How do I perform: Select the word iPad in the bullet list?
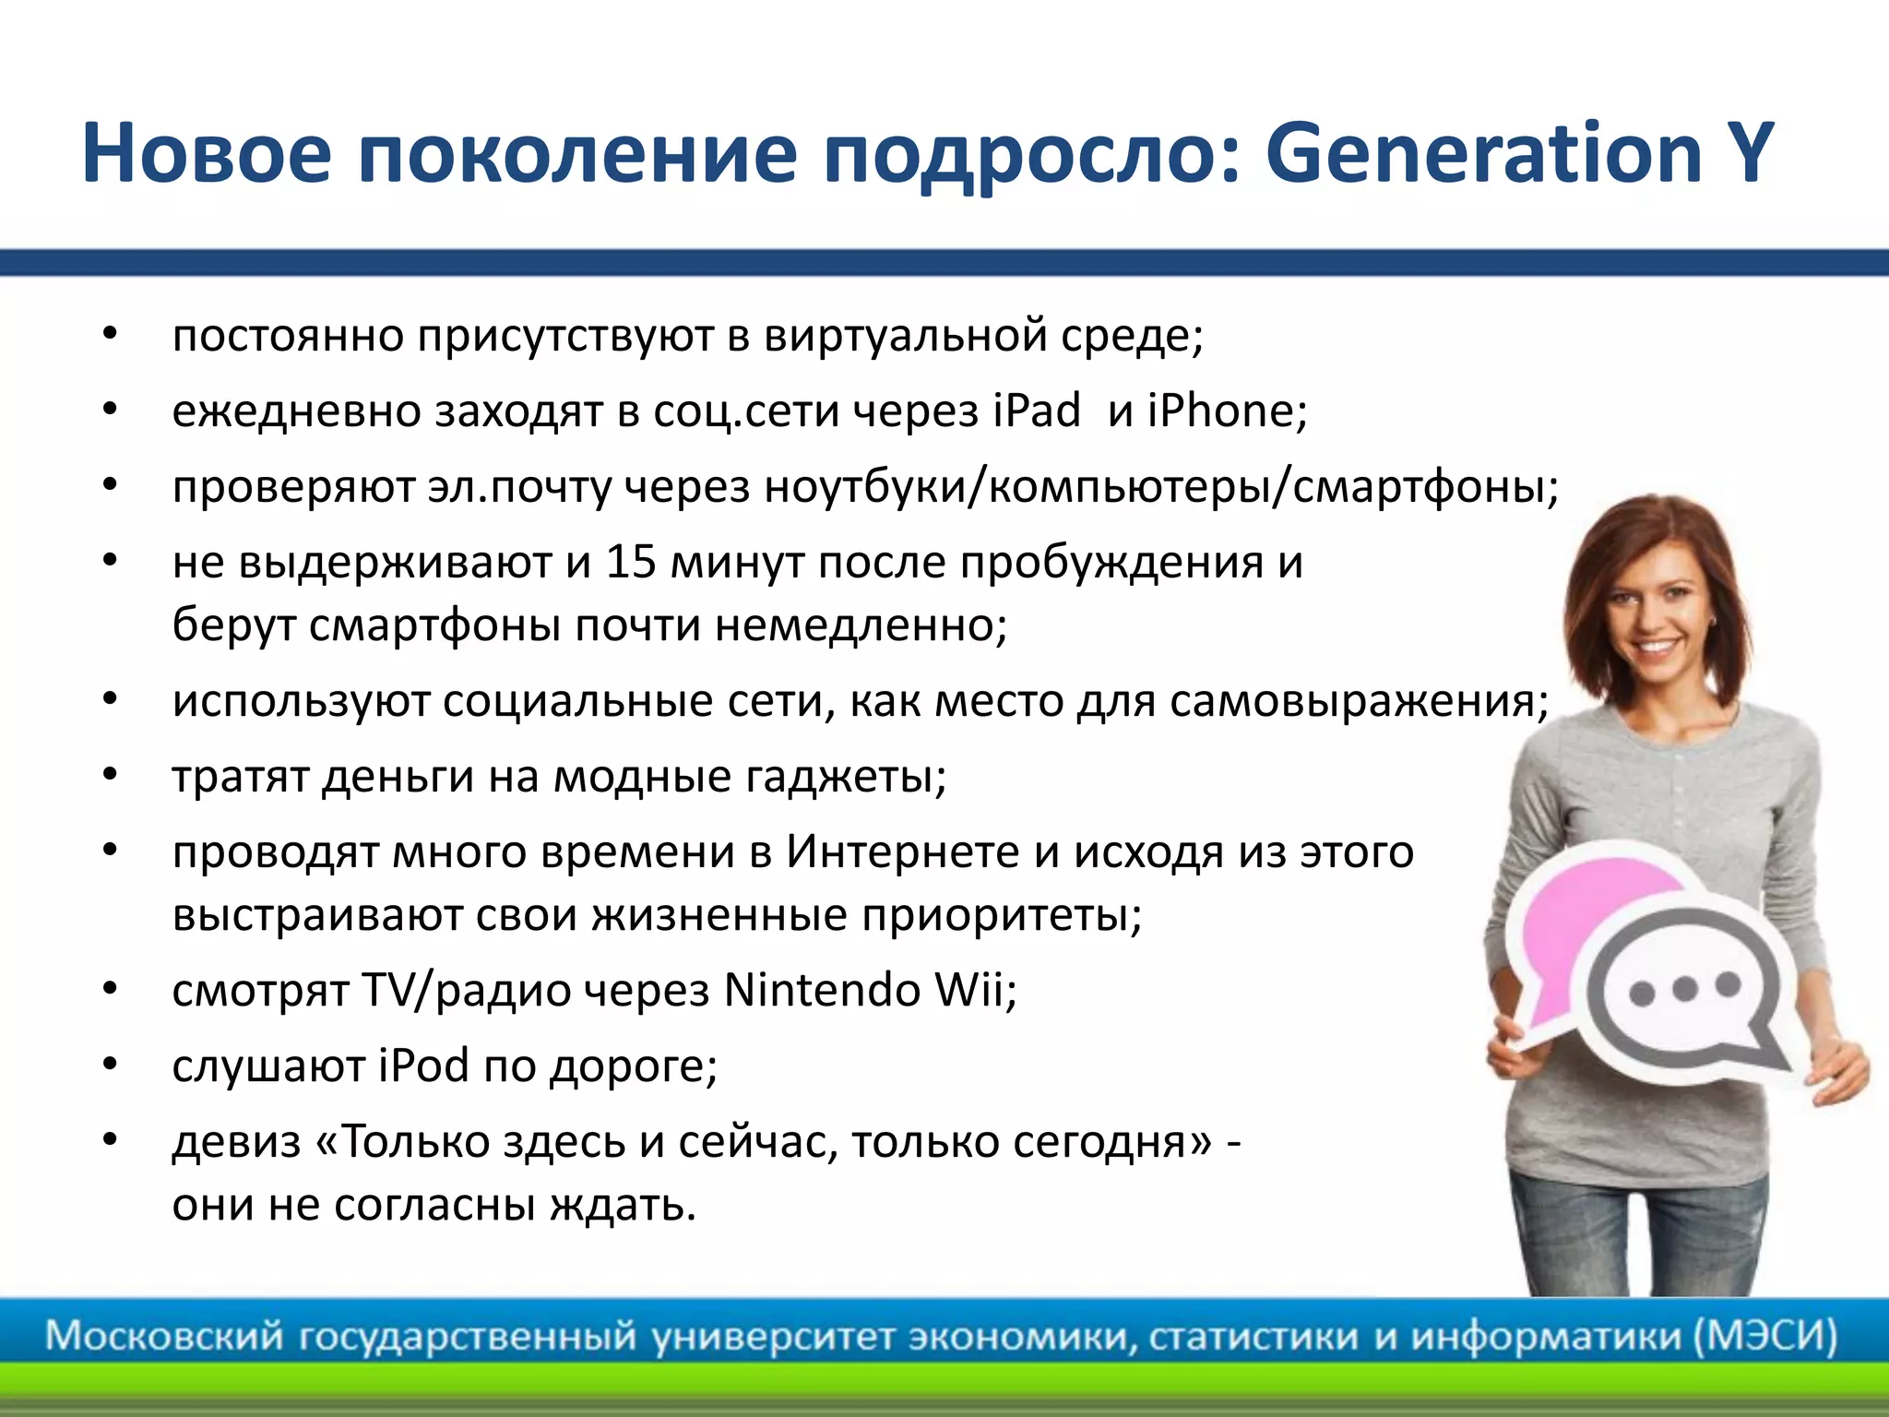(1037, 411)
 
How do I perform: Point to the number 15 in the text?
(630, 562)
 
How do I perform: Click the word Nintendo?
(821, 991)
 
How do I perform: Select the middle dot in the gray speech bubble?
(1684, 989)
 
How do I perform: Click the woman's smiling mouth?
(1657, 647)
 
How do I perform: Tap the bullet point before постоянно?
(110, 334)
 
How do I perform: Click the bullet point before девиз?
(110, 1140)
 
